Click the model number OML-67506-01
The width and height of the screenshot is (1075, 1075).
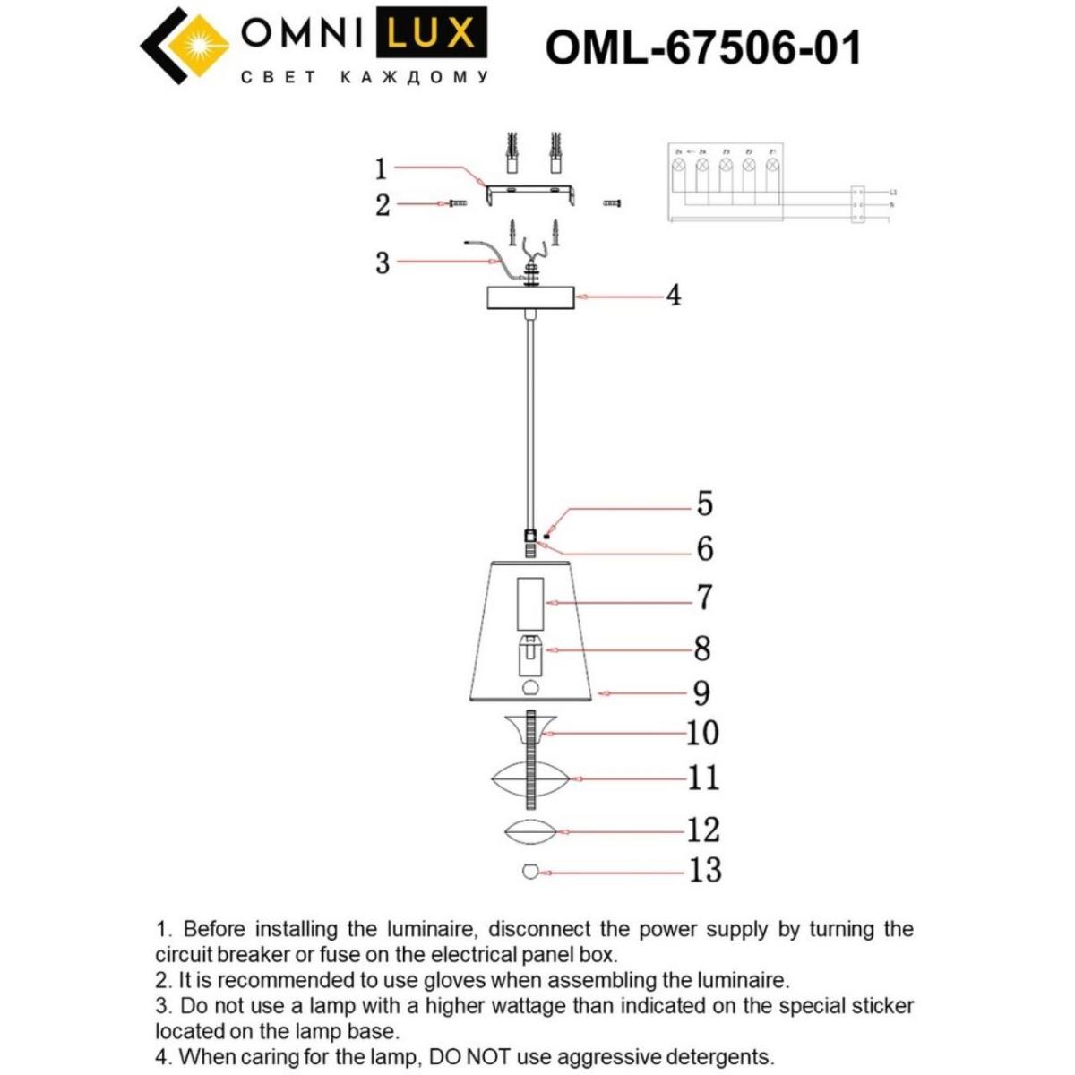(703, 47)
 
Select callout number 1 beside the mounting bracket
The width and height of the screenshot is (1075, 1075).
(381, 168)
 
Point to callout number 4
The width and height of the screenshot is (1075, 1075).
(673, 295)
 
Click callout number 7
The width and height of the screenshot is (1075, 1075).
(704, 597)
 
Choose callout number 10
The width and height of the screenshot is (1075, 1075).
(703, 733)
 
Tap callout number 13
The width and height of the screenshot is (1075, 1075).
(704, 870)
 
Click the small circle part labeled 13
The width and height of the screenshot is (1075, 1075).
(530, 871)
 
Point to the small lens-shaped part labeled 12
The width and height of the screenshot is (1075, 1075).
(530, 830)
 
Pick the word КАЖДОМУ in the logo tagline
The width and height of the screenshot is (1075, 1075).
(415, 78)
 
